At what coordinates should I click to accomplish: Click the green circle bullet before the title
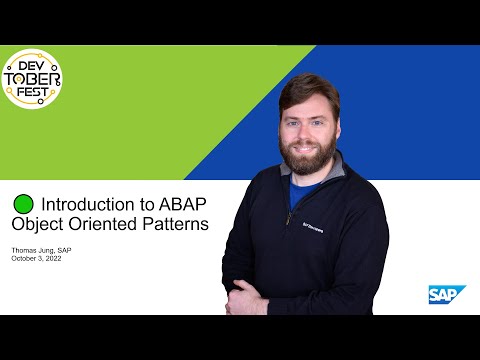(x=22, y=203)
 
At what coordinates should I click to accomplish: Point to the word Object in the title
(x=66, y=225)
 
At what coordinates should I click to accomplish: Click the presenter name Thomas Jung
(x=35, y=249)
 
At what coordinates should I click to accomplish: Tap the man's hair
(x=308, y=88)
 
